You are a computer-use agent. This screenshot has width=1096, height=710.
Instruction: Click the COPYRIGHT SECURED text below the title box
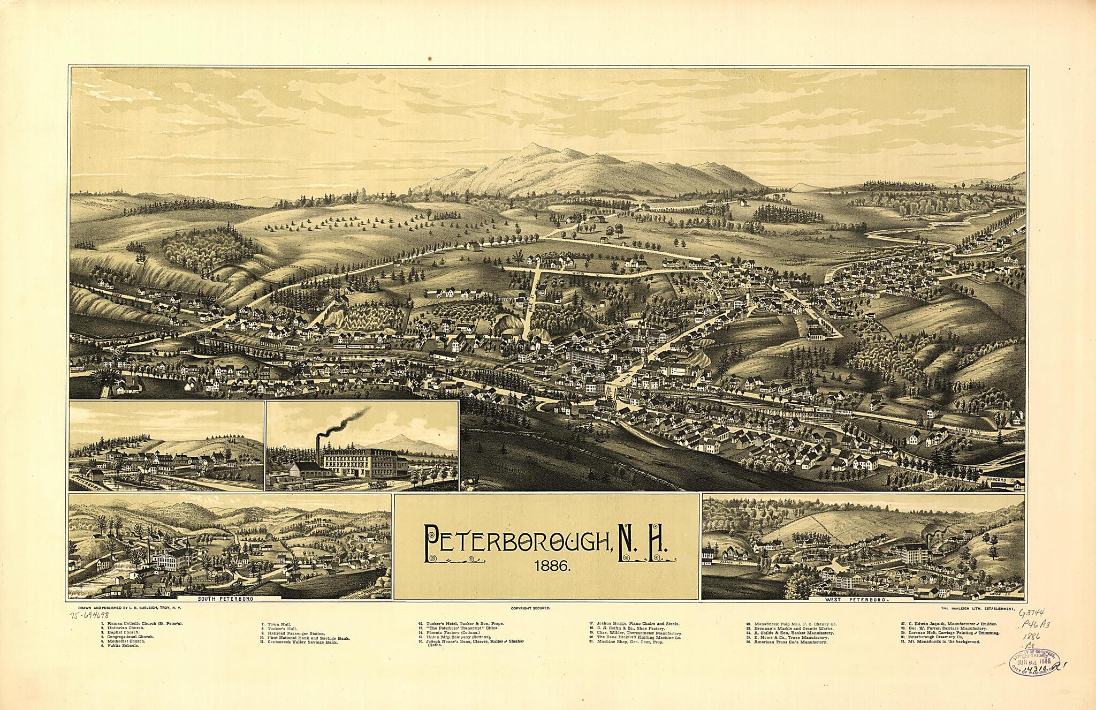[x=530, y=609]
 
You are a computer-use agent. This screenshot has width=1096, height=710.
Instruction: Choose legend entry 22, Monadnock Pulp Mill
[x=791, y=624]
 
